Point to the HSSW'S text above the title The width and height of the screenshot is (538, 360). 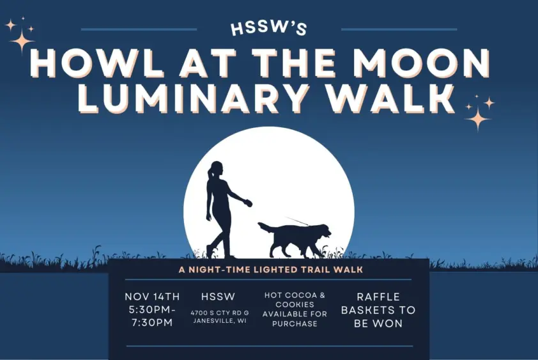[269, 28]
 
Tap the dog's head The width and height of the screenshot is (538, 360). [322, 231]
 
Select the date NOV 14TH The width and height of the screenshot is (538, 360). [152, 297]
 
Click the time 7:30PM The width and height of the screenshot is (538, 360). [152, 322]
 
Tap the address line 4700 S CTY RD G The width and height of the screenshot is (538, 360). [219, 312]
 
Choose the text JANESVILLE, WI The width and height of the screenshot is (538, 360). [219, 320]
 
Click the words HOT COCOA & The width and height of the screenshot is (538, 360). [295, 295]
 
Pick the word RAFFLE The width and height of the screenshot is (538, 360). [378, 297]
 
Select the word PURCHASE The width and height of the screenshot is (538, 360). [295, 324]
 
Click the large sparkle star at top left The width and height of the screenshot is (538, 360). [21, 42]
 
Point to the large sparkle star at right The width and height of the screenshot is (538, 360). [477, 118]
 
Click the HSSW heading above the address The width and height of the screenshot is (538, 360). [218, 297]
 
